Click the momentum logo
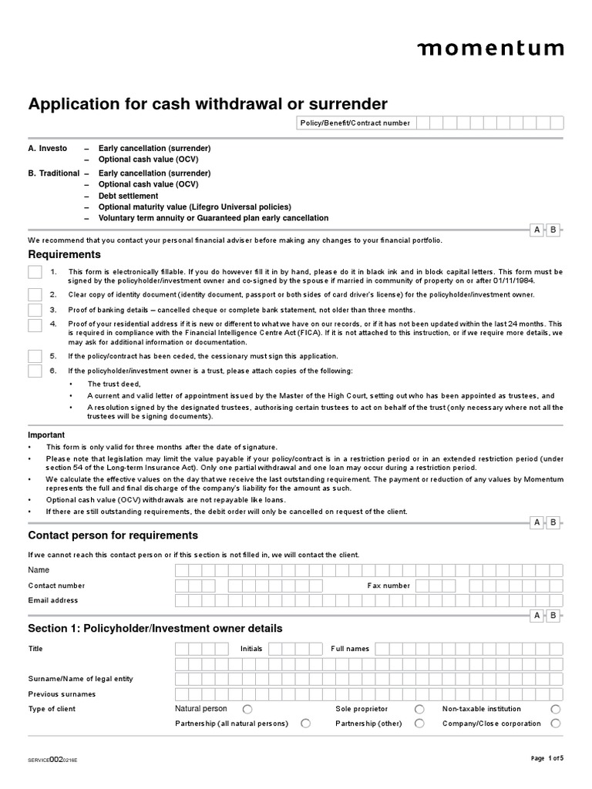click(490, 49)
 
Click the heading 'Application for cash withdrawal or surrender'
click(207, 104)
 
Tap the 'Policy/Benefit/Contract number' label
click(355, 123)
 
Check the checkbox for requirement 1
click(35, 272)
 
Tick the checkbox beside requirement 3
click(35, 310)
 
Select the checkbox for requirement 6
click(35, 371)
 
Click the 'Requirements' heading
click(64, 254)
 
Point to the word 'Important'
click(46, 435)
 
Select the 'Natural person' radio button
click(247, 709)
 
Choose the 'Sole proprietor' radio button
click(419, 709)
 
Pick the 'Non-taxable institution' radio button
click(555, 709)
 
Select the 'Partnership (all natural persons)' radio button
click(306, 724)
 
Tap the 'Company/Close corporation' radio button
click(555, 724)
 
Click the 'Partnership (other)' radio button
click(419, 724)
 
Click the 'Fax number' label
click(388, 586)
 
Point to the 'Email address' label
click(52, 600)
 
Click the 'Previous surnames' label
click(62, 693)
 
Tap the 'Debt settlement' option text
click(128, 196)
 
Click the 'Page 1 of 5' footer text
click(547, 759)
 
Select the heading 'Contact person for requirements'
click(113, 536)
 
